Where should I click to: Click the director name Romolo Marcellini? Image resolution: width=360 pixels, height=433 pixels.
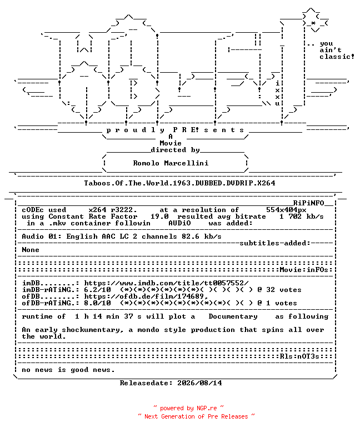pos(171,163)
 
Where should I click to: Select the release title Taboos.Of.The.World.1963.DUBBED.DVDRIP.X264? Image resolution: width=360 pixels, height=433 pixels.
pos(179,183)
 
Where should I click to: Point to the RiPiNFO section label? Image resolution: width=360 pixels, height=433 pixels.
pos(308,203)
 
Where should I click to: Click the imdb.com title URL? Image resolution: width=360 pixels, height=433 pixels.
pos(166,283)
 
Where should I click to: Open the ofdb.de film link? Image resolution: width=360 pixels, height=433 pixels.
pos(146,296)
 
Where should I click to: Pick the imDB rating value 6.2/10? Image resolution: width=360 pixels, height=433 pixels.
pos(98,290)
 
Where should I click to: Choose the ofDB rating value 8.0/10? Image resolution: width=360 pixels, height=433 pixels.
pos(98,303)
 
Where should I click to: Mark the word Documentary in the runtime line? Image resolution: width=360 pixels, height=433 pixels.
pos(233,316)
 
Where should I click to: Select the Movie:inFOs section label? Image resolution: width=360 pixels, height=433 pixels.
pos(304,270)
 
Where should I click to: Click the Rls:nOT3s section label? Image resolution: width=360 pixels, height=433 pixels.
pos(299,356)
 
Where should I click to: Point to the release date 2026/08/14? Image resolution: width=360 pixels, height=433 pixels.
pos(199,383)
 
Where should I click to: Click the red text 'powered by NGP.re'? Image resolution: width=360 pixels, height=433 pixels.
pos(188,408)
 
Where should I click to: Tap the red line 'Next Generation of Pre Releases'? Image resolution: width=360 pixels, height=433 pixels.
pos(196,416)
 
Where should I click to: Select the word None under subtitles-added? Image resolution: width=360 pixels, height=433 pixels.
pos(31,250)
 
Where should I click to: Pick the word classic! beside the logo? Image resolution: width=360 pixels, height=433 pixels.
pos(337,57)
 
